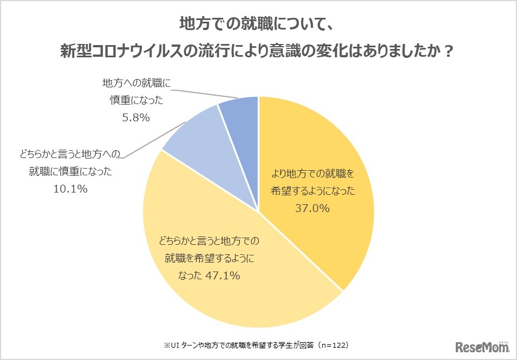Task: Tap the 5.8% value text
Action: point(132,117)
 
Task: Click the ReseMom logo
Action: point(482,347)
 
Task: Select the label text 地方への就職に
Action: point(137,83)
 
